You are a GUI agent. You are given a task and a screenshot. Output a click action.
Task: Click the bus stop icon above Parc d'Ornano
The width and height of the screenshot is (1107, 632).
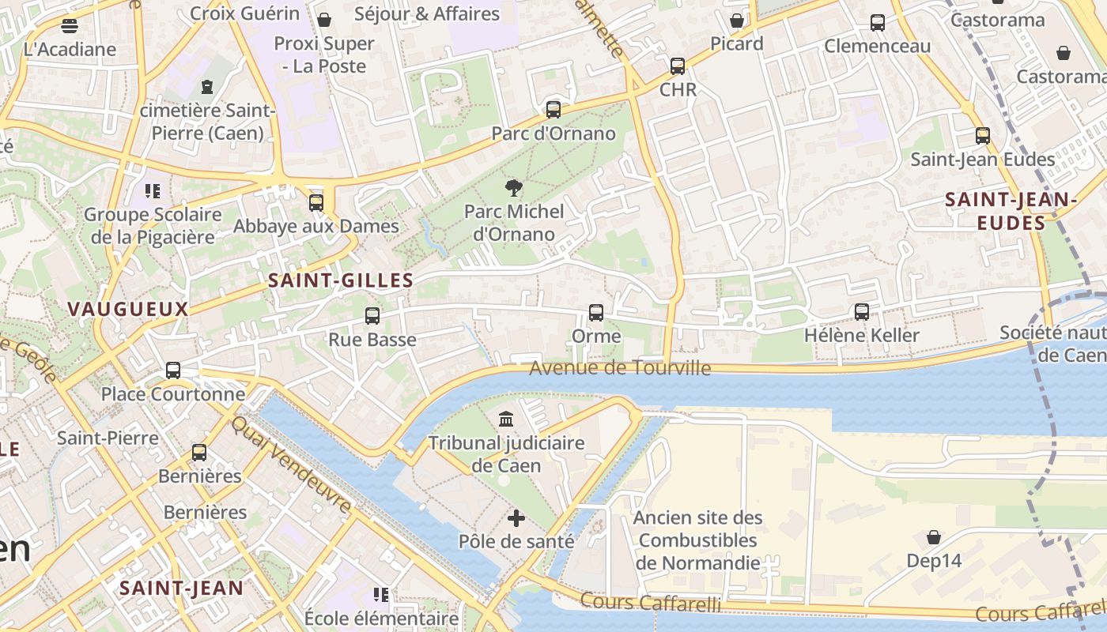point(553,110)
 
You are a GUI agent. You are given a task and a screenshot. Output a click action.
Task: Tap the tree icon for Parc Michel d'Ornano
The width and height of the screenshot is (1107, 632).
point(514,188)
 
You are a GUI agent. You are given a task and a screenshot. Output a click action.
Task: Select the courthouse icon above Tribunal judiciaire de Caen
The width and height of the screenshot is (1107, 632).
point(506,418)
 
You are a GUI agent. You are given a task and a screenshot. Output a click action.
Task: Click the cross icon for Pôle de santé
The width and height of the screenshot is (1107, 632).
point(516,518)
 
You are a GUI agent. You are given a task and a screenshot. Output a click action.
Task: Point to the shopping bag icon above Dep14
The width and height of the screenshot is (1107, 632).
point(934,537)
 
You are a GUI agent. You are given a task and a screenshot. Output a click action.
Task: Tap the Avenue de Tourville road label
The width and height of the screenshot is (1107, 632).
point(620,368)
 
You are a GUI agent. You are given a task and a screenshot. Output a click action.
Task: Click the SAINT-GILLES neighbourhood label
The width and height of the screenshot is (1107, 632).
point(341,280)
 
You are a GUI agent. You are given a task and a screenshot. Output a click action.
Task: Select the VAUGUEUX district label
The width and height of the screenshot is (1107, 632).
point(128,309)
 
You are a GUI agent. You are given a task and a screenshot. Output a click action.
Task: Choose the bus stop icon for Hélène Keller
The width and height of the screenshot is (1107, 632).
point(862,312)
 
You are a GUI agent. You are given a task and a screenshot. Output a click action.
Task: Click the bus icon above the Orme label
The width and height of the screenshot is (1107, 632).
point(596,313)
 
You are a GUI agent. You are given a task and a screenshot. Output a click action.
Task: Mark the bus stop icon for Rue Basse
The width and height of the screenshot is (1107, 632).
point(372,316)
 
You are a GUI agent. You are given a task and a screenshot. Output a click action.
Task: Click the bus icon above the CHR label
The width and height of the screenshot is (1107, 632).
point(678,66)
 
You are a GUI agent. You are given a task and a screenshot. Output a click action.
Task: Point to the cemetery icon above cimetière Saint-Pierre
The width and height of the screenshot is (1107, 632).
point(207,86)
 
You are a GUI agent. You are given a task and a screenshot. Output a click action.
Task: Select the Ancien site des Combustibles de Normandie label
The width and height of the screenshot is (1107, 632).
point(698,540)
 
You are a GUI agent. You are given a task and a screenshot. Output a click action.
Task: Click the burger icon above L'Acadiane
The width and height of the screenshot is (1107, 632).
point(70,25)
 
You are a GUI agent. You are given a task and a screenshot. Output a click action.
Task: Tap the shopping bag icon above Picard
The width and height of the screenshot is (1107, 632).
point(737,20)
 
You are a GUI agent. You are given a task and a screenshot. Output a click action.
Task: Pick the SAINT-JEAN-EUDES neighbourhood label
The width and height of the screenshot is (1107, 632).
point(1011,212)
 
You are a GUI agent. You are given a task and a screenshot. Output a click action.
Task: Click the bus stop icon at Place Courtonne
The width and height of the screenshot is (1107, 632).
point(173,370)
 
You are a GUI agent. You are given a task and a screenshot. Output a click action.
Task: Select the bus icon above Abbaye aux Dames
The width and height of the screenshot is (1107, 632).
point(316,203)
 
